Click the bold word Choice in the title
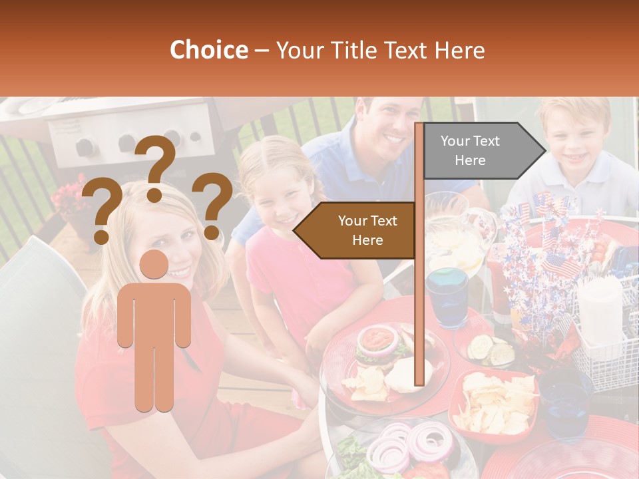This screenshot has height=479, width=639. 208,50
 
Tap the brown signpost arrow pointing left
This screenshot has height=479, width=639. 359,230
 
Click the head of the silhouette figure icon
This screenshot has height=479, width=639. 154,265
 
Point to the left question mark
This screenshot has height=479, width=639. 102,212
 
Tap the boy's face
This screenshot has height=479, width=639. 573,143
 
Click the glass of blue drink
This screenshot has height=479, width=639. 447,296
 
